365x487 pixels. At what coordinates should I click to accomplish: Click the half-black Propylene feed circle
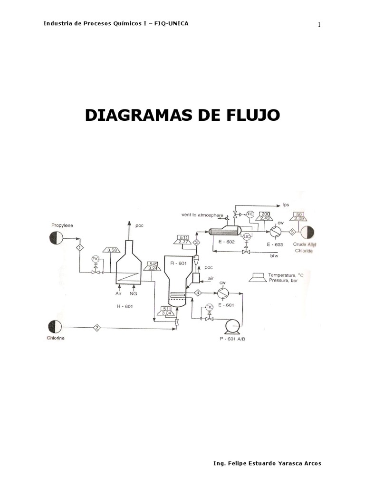pos(56,237)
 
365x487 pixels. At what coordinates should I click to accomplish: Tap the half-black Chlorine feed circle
pos(55,327)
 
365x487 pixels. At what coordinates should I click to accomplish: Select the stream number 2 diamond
pos(96,327)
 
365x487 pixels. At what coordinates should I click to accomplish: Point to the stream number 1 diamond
pos(80,247)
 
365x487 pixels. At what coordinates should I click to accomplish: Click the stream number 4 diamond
pos(198,292)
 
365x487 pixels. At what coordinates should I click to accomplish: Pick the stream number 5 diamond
pos(292,231)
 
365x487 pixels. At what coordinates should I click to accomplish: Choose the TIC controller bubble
pos(250,214)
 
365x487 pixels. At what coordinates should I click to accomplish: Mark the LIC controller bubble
pos(246,236)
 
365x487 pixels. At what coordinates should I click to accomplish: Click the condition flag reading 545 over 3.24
pos(153,266)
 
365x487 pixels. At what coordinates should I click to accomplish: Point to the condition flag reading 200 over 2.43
pos(264,216)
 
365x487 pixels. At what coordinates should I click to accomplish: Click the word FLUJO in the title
pos(250,115)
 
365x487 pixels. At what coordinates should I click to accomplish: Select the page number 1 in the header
pos(319,25)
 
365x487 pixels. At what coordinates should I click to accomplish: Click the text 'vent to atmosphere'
pos(202,214)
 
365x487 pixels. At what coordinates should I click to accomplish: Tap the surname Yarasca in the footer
pos(285,463)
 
